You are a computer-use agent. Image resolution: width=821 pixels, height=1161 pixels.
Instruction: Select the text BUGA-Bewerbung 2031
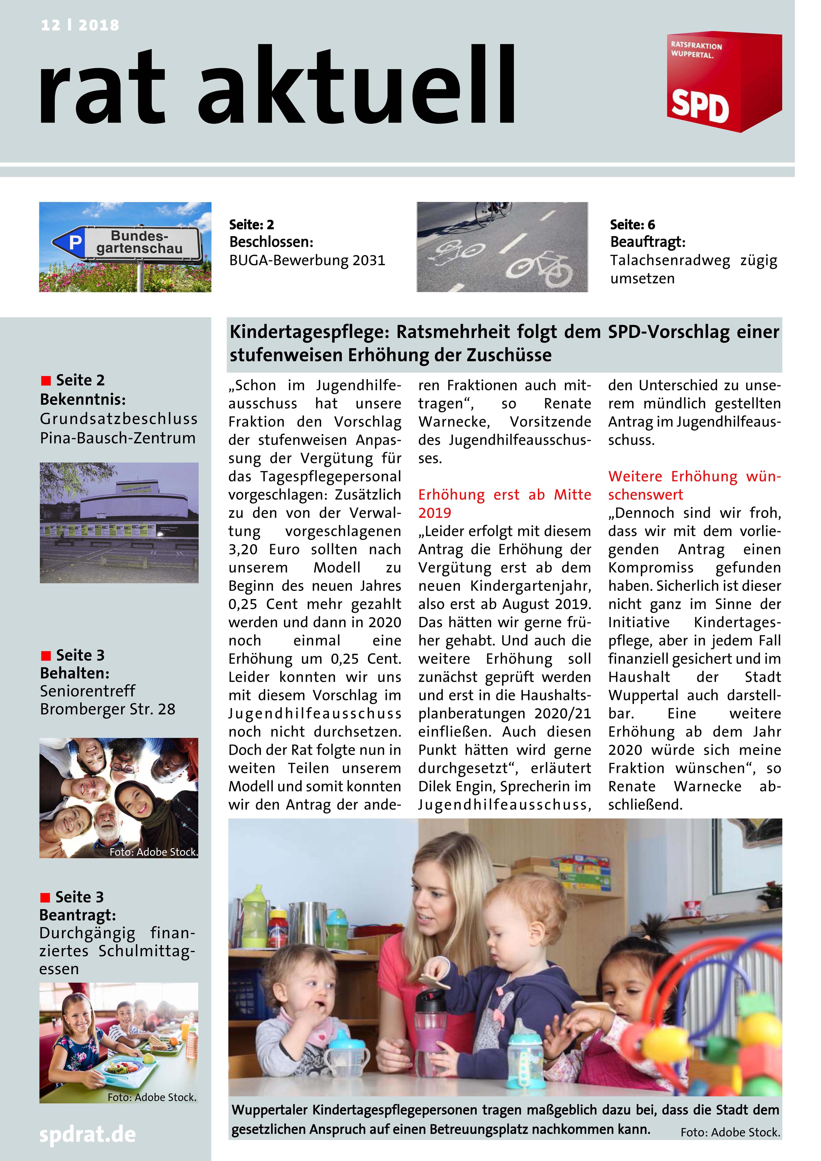[x=307, y=260]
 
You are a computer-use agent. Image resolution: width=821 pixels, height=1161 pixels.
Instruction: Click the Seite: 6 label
[x=632, y=225]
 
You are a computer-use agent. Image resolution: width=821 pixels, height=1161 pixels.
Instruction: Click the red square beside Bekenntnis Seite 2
[x=46, y=380]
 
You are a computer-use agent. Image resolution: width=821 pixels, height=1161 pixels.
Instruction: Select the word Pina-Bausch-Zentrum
[x=117, y=438]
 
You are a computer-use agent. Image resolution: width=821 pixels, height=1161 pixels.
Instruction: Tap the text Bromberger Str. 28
[x=107, y=709]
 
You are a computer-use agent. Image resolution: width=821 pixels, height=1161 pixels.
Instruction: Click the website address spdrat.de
[x=88, y=1135]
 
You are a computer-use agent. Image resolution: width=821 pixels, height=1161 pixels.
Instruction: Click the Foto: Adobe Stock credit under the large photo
[x=730, y=1132]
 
